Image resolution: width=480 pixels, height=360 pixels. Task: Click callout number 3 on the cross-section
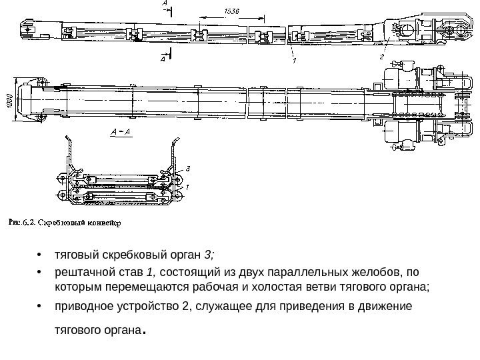[x=188, y=169]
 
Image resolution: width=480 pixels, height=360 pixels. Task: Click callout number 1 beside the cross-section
[x=188, y=187]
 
